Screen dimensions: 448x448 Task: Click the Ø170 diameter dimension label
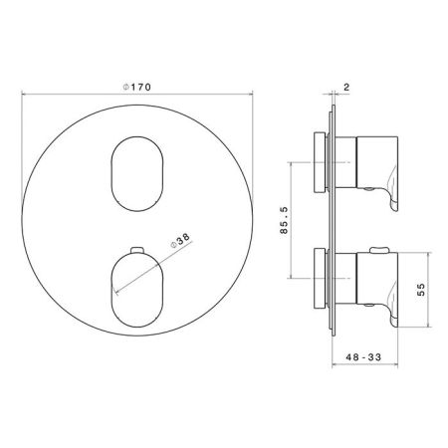pos(136,88)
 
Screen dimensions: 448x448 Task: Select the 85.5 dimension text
pos(284,220)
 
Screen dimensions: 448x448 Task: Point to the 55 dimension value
pos(421,289)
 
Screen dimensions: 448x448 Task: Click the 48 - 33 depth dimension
pos(363,357)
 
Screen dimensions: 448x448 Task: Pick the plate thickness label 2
pos(346,87)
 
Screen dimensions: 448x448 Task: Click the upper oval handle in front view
pos(137,173)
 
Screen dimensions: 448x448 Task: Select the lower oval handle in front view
pos(137,290)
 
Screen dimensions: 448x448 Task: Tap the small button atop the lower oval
pos(137,250)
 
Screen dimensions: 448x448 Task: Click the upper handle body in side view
pos(377,162)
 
